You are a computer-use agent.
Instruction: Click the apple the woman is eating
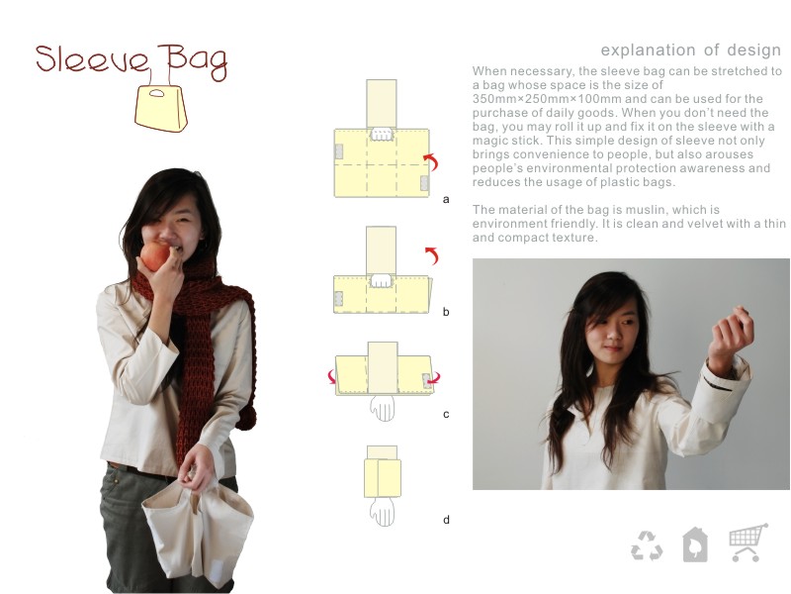point(155,256)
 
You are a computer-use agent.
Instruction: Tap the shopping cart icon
point(748,543)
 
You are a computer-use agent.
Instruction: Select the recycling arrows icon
point(647,545)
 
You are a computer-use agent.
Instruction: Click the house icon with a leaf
point(695,544)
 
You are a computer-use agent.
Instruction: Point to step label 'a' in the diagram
point(446,200)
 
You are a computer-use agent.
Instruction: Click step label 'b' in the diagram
point(446,312)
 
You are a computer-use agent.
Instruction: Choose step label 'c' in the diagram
point(446,414)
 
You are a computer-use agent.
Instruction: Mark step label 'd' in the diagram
point(446,519)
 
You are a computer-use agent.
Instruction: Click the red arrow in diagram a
point(431,161)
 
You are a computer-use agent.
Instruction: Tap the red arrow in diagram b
point(432,255)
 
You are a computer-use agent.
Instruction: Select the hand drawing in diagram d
point(382,511)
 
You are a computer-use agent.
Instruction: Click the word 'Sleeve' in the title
point(92,59)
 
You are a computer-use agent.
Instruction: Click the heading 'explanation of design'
point(690,50)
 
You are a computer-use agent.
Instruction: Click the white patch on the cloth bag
point(218,570)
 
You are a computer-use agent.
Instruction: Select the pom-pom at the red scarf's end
point(245,419)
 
